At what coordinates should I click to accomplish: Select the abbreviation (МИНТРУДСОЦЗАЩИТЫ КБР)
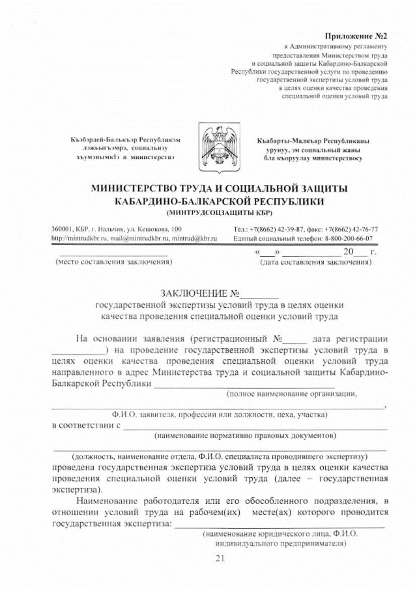coord(219,213)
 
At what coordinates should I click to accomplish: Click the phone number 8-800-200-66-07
coord(349,239)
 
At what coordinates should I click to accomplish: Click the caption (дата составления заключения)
coord(315,262)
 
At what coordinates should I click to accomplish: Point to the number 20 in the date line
coord(349,252)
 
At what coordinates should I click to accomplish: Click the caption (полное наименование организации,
coord(291,394)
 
